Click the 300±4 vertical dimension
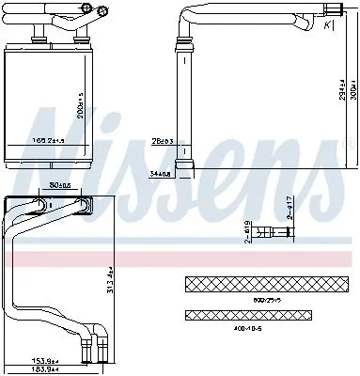pos(349,89)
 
